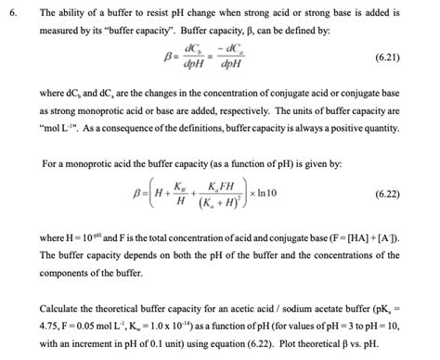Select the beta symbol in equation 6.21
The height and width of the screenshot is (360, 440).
(170, 57)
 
